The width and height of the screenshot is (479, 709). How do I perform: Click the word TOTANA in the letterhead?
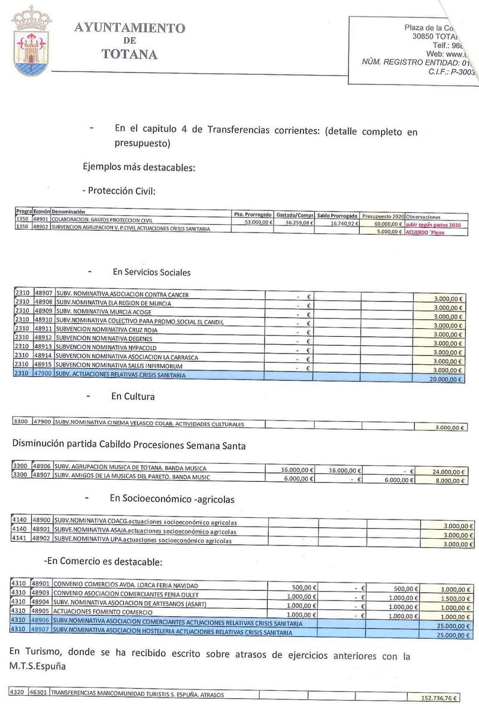point(130,55)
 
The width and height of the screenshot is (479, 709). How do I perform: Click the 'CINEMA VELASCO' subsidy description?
point(149,424)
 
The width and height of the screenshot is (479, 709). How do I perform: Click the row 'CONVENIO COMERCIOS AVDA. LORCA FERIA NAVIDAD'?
point(125,584)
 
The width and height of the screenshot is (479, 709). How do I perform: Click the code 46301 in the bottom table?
point(39,694)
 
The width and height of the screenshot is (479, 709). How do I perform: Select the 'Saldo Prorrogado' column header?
point(337,216)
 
